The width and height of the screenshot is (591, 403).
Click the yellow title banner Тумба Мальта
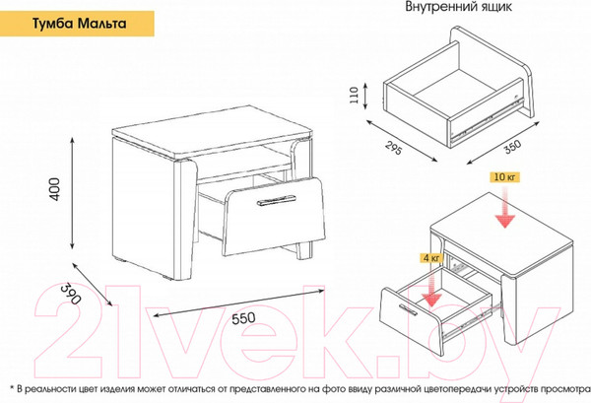(77, 24)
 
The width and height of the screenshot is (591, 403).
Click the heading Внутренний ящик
(458, 7)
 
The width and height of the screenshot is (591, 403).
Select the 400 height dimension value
(54, 189)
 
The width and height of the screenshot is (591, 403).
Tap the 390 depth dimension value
(71, 294)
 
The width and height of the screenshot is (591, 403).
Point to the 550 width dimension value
(243, 318)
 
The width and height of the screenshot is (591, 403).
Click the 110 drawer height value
(354, 95)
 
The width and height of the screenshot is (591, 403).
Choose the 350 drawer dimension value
(513, 147)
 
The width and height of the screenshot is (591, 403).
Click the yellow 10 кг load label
(504, 177)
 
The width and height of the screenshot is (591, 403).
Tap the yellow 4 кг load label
(431, 258)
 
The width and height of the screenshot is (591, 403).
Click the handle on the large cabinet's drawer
(276, 201)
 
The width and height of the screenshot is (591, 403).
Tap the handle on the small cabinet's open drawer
(408, 308)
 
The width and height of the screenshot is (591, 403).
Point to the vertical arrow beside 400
(72, 193)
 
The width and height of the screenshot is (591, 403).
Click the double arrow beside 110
(365, 97)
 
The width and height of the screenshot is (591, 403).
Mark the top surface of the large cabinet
(213, 130)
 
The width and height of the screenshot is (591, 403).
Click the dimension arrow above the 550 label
(238, 302)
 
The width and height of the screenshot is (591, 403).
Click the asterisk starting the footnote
(11, 387)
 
